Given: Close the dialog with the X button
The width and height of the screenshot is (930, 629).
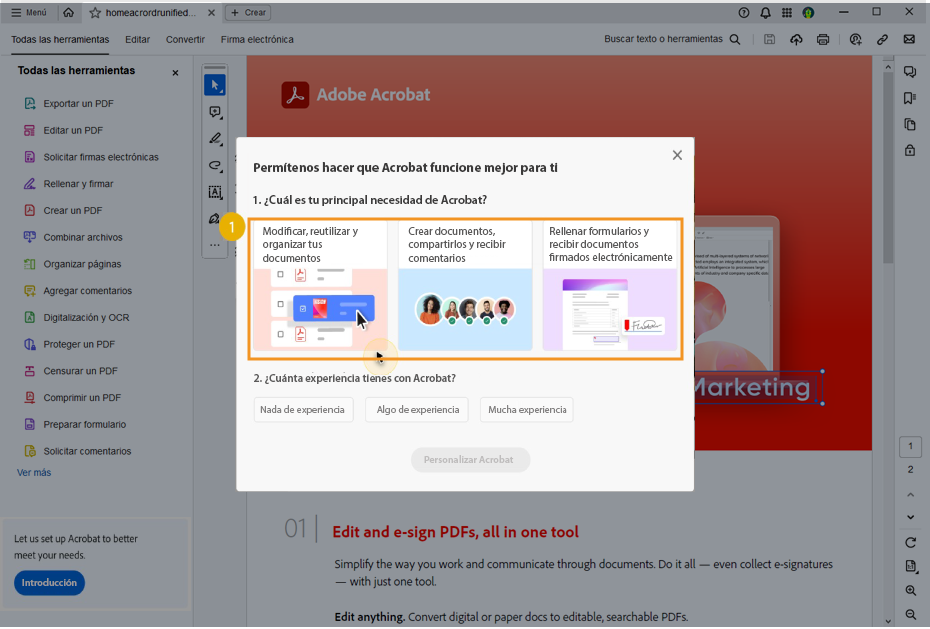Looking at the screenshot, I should (x=677, y=155).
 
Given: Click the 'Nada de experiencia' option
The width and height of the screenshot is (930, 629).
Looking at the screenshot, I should (x=303, y=410).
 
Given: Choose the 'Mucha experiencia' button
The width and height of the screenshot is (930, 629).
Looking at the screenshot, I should (x=526, y=410).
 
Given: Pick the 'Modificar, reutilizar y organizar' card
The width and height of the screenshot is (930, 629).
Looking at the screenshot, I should (x=319, y=286).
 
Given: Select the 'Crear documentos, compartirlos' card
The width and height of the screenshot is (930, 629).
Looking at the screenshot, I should (x=465, y=286).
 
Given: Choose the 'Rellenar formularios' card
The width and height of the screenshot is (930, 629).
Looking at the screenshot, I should (x=610, y=286).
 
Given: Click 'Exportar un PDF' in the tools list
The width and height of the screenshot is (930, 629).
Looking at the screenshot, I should (x=78, y=104).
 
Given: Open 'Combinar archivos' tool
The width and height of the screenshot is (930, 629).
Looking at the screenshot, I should (x=82, y=238).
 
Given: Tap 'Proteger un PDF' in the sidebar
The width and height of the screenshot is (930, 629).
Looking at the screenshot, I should (x=79, y=345).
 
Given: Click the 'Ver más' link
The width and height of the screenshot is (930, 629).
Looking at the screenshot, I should (x=34, y=473).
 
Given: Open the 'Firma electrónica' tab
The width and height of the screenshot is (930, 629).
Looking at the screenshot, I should (x=257, y=40).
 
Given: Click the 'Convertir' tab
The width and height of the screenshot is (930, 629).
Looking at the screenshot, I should (x=185, y=40).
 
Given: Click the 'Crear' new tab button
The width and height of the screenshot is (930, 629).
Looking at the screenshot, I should (x=248, y=13).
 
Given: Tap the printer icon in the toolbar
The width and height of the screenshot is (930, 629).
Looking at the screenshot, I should (x=823, y=40).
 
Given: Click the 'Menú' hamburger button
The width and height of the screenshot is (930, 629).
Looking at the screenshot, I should (x=28, y=13).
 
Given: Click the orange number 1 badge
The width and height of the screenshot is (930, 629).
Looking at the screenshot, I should (x=232, y=228).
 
